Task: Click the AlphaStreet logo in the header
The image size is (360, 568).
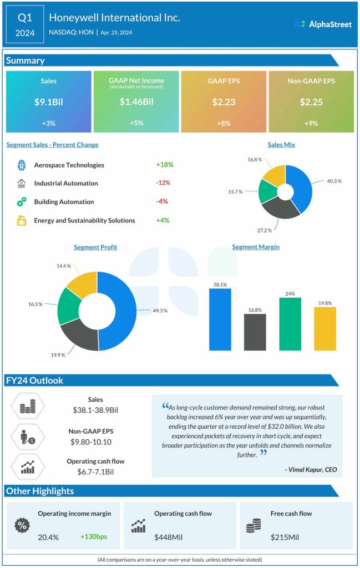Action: (x=323, y=24)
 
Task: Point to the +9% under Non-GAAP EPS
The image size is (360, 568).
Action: (x=311, y=124)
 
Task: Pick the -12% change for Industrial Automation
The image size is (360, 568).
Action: (x=163, y=183)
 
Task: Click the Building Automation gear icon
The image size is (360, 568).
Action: (x=22, y=202)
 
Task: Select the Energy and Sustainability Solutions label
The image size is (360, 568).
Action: (x=84, y=220)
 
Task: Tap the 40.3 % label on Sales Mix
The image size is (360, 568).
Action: (x=334, y=181)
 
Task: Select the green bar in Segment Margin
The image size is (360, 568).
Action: (x=290, y=324)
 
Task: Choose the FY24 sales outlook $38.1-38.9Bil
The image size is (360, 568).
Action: (x=95, y=410)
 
